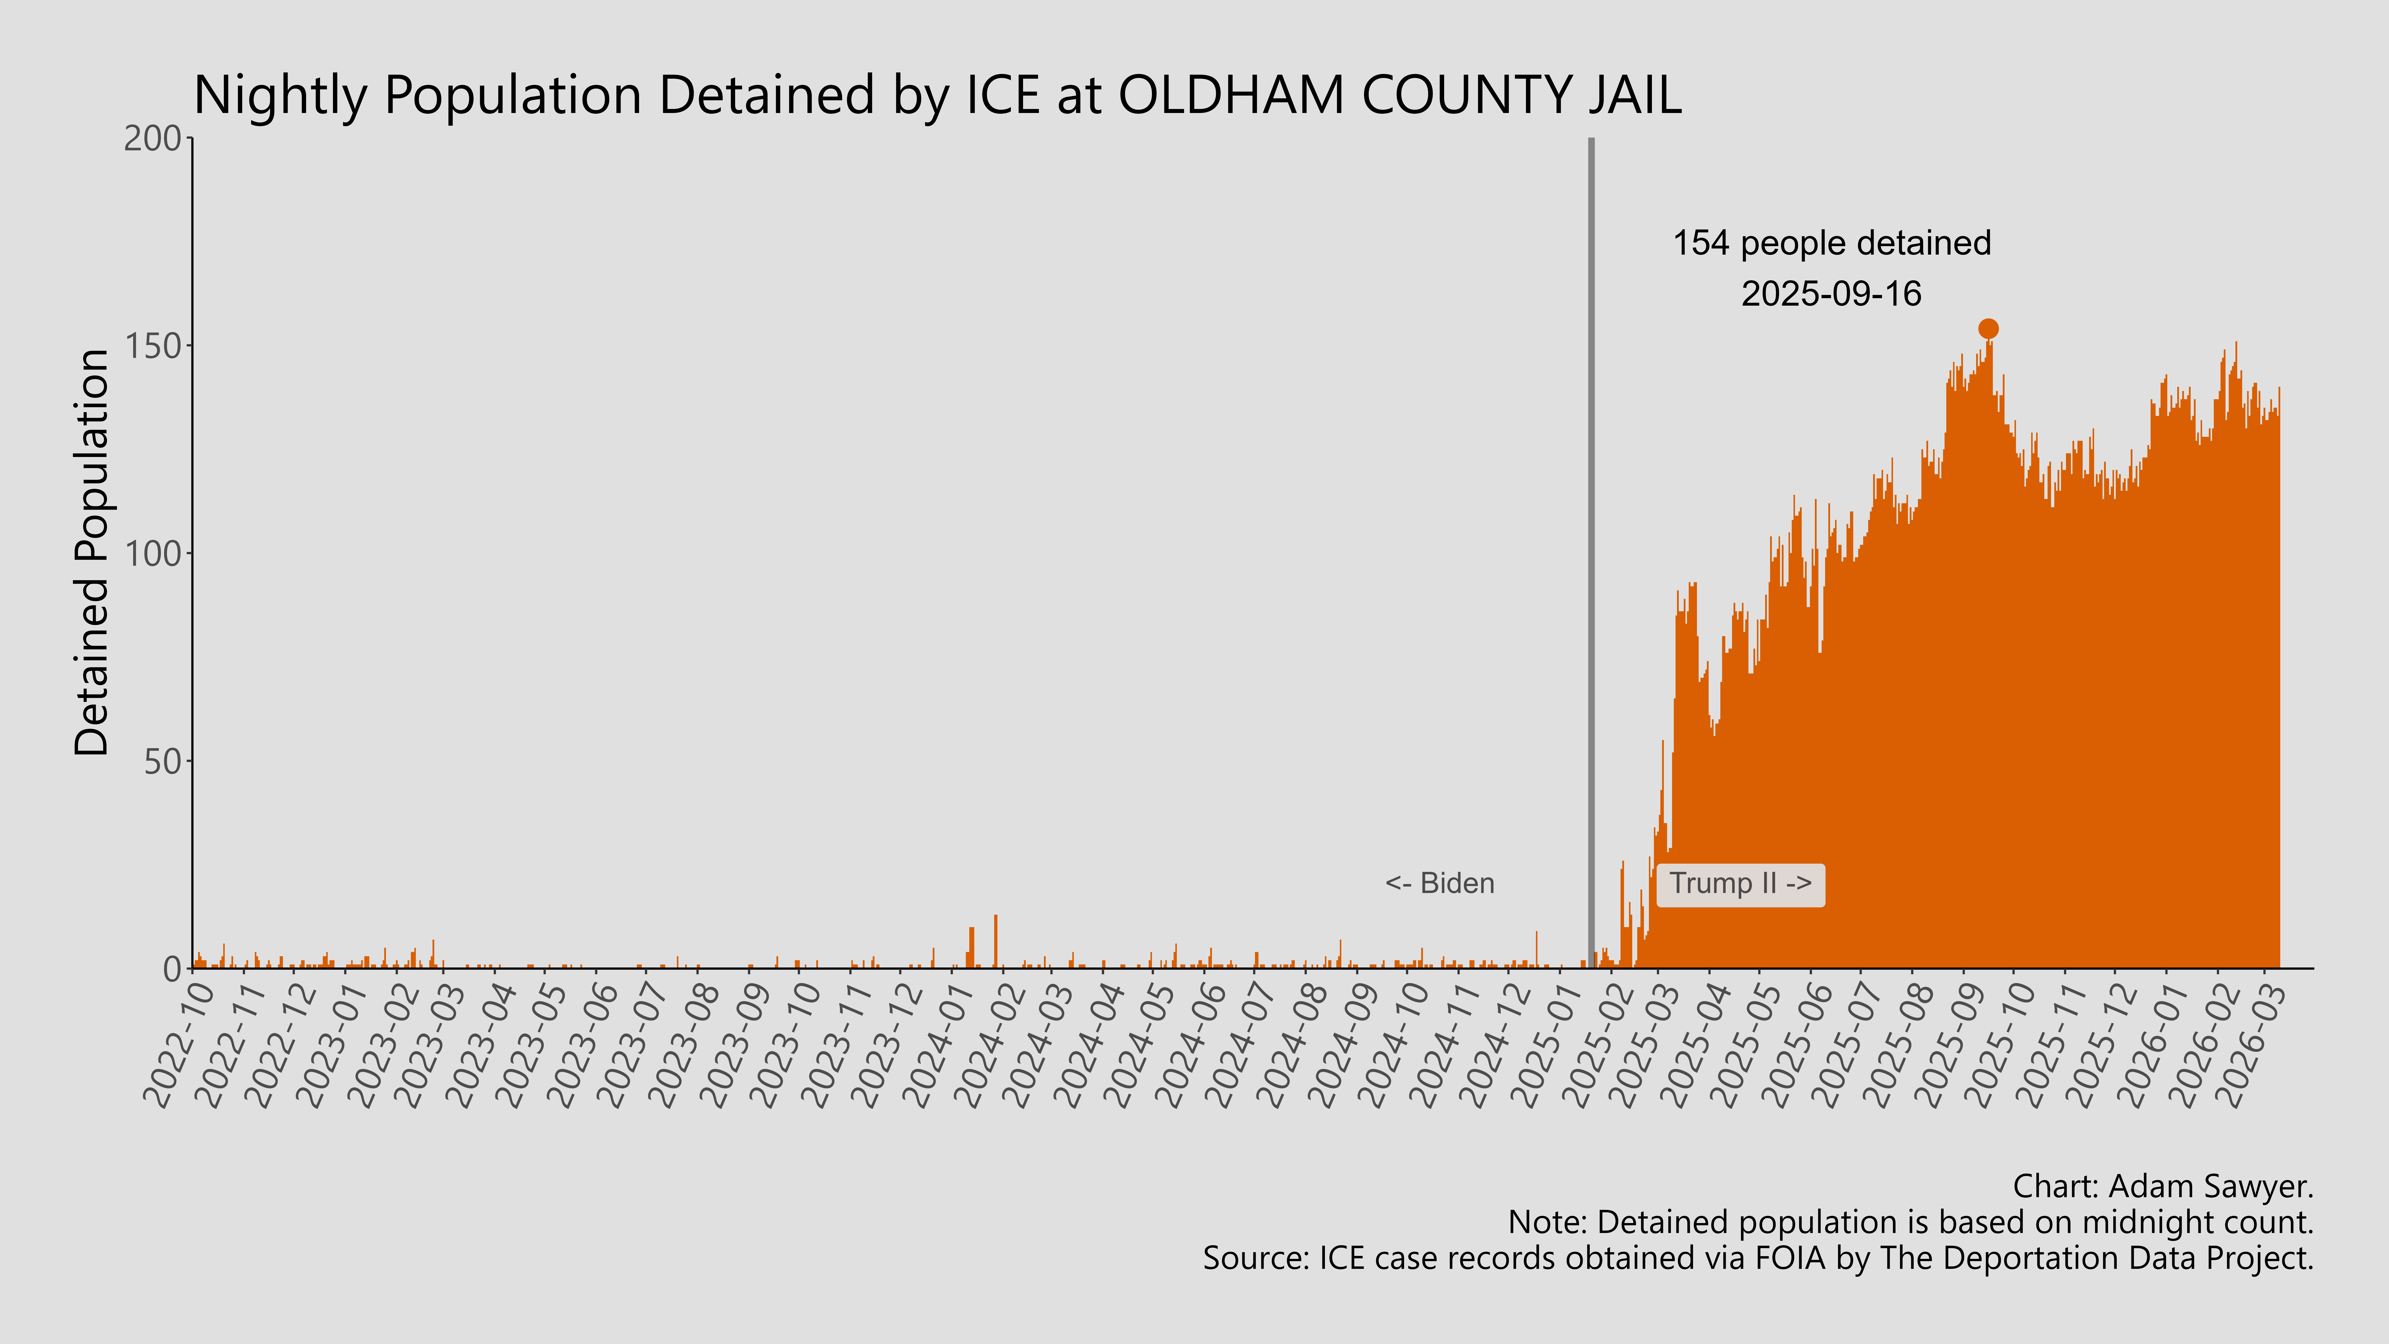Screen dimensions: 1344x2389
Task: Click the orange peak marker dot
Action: pyautogui.click(x=1987, y=328)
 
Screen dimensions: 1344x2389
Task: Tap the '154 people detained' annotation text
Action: pyautogui.click(x=1832, y=243)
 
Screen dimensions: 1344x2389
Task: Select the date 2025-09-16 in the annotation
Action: pyautogui.click(x=1832, y=294)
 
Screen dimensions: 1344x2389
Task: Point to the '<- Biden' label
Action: pyautogui.click(x=1439, y=884)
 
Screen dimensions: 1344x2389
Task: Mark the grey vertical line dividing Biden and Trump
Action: pyautogui.click(x=1591, y=557)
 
